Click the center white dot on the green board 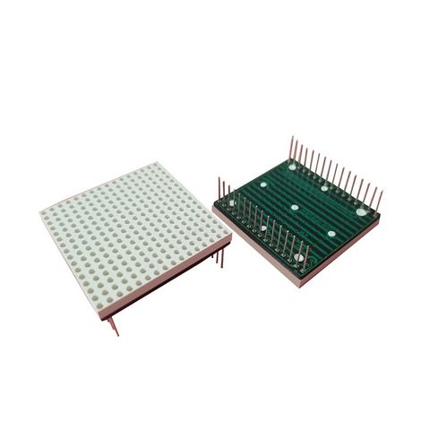coord(295,207)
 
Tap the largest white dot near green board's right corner coord(361,212)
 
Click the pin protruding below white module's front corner coord(112,324)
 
